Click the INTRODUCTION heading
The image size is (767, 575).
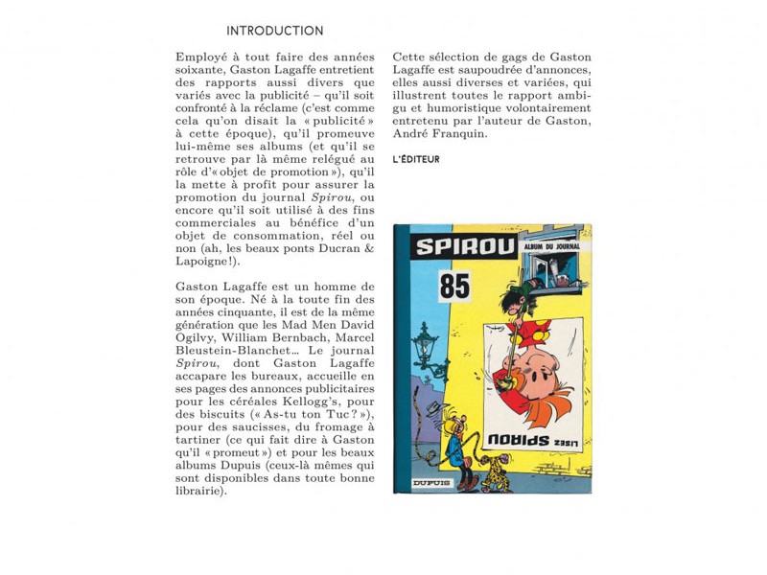click(275, 31)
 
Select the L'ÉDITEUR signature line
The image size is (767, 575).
click(416, 159)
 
